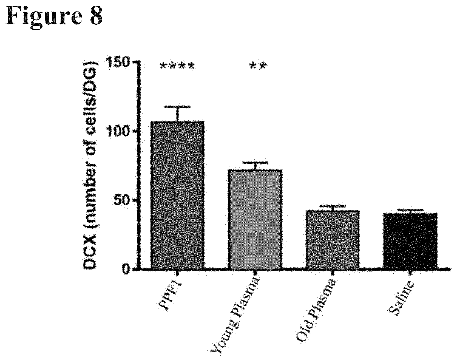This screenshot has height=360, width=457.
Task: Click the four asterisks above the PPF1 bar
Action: click(x=177, y=66)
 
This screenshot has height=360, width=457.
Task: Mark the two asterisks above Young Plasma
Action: click(x=258, y=66)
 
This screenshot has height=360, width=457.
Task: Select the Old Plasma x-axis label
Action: click(x=315, y=310)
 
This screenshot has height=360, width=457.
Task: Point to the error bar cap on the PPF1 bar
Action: click(x=178, y=107)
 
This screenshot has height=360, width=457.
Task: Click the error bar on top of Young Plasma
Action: click(x=255, y=163)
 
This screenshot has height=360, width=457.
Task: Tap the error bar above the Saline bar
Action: click(x=410, y=210)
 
